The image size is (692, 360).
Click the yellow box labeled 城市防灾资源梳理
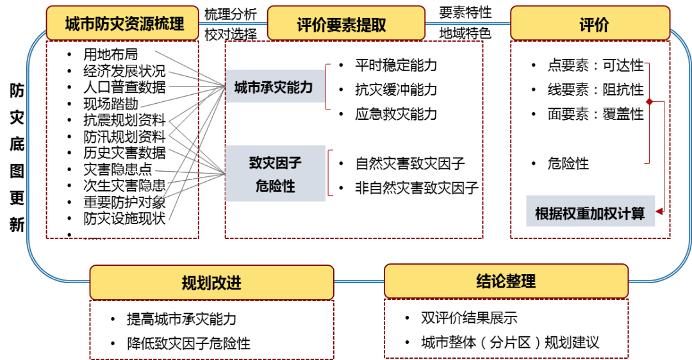tap(123, 24)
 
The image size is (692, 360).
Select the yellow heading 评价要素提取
tap(345, 24)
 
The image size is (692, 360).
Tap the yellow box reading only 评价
tap(590, 24)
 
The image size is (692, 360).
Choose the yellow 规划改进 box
tap(211, 282)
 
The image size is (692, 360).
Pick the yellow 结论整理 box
tap(506, 281)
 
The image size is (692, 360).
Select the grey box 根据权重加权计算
tap(590, 212)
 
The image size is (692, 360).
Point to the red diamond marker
tap(649, 102)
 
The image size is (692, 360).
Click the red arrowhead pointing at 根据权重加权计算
tap(659, 210)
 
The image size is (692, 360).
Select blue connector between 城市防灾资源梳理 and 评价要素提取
tap(233, 24)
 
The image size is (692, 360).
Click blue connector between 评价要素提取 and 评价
tap(468, 24)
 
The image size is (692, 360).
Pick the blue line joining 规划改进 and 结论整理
tap(359, 281)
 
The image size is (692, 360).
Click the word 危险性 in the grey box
tap(276, 186)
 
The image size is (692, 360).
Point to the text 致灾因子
tap(276, 163)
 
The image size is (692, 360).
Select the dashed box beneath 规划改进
tap(211, 329)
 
